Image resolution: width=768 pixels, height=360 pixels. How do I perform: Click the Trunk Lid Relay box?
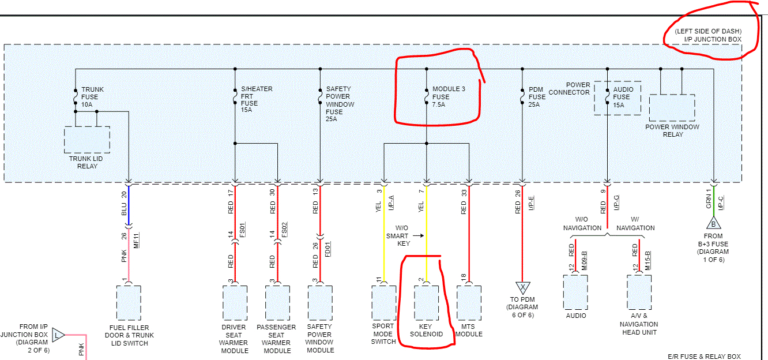click(x=86, y=139)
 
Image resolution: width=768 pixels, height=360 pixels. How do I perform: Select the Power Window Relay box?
click(x=672, y=107)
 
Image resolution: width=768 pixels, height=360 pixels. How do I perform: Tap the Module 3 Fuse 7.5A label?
click(x=448, y=97)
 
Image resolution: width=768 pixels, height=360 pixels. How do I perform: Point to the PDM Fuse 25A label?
click(x=537, y=97)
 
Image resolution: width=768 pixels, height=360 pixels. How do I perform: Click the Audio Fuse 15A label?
click(x=623, y=97)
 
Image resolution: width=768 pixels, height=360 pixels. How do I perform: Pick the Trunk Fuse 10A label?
click(x=92, y=97)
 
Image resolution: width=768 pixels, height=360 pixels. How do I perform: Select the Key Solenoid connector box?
click(x=426, y=302)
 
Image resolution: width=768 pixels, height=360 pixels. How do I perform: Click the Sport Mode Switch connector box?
click(x=383, y=302)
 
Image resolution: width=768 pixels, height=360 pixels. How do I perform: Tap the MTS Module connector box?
click(x=469, y=302)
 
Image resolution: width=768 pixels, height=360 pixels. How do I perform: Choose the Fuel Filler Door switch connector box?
click(x=129, y=302)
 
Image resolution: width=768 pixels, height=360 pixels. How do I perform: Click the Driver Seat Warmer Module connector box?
click(x=235, y=302)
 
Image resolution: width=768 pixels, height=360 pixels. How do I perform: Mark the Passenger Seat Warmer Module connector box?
click(x=277, y=302)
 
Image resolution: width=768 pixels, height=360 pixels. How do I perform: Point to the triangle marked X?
click(x=522, y=287)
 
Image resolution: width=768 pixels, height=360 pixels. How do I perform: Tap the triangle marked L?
click(x=58, y=334)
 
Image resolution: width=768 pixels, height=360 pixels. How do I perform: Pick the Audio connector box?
click(x=575, y=292)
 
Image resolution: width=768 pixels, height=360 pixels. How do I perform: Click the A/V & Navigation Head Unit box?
click(x=639, y=292)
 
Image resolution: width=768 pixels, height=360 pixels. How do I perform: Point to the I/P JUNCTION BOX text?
click(x=713, y=39)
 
